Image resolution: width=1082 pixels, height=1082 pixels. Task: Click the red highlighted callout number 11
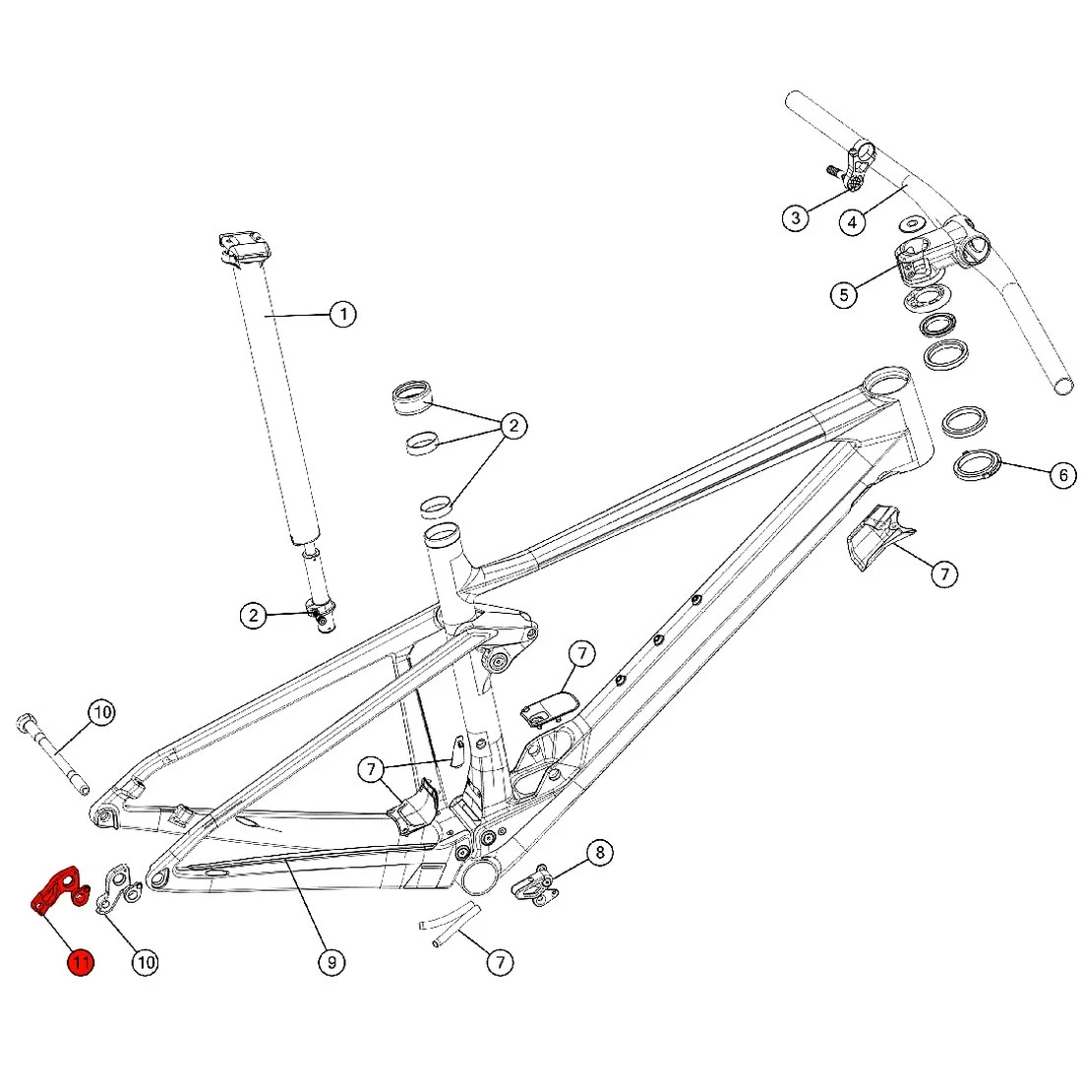pyautogui.click(x=80, y=962)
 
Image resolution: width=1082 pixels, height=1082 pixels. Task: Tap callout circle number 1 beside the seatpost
pyautogui.click(x=342, y=315)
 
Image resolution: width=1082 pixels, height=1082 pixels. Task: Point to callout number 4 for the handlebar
pyautogui.click(x=853, y=222)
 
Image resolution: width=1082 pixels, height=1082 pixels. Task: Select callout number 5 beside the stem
pyautogui.click(x=843, y=294)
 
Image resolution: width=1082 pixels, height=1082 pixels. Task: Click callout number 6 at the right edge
pyautogui.click(x=1062, y=476)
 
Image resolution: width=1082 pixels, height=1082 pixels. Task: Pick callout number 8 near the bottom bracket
pyautogui.click(x=599, y=852)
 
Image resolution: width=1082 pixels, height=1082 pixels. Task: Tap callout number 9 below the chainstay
pyautogui.click(x=331, y=962)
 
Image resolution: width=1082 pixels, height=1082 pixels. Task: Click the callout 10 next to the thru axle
pyautogui.click(x=102, y=712)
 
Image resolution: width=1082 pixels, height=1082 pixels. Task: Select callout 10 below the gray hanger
pyautogui.click(x=146, y=962)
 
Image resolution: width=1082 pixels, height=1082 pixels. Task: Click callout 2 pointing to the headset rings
pyautogui.click(x=512, y=426)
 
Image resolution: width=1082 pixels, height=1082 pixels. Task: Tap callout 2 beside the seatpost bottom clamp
pyautogui.click(x=254, y=616)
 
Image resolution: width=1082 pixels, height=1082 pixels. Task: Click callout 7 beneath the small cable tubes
pyautogui.click(x=500, y=962)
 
